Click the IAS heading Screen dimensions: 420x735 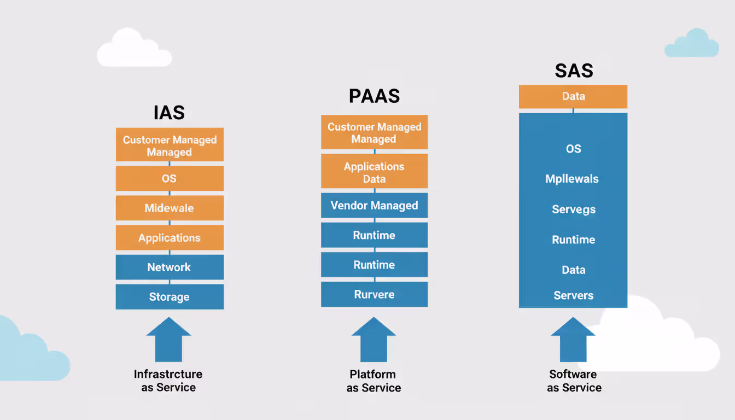(x=169, y=113)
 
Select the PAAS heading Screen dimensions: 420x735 (x=374, y=96)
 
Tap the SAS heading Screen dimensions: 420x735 (x=574, y=71)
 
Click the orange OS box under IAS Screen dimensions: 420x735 (x=170, y=178)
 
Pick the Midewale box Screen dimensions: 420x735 (x=170, y=208)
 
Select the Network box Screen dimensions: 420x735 (x=170, y=267)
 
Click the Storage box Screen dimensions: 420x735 (x=170, y=297)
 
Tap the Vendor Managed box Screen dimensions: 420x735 (x=374, y=206)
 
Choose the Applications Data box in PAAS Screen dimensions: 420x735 (x=374, y=172)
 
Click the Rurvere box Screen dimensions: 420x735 (x=374, y=294)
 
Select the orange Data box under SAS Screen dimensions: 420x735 (x=573, y=96)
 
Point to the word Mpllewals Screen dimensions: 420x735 (x=572, y=179)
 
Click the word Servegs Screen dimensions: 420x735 (x=574, y=209)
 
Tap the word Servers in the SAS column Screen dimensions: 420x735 (x=573, y=295)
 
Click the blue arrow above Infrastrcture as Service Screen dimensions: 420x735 (x=169, y=340)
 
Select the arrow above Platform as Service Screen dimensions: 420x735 (x=374, y=340)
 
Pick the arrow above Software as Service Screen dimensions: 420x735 (x=573, y=340)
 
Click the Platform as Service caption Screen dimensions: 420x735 (x=374, y=381)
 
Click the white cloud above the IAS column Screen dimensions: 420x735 (x=133, y=50)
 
